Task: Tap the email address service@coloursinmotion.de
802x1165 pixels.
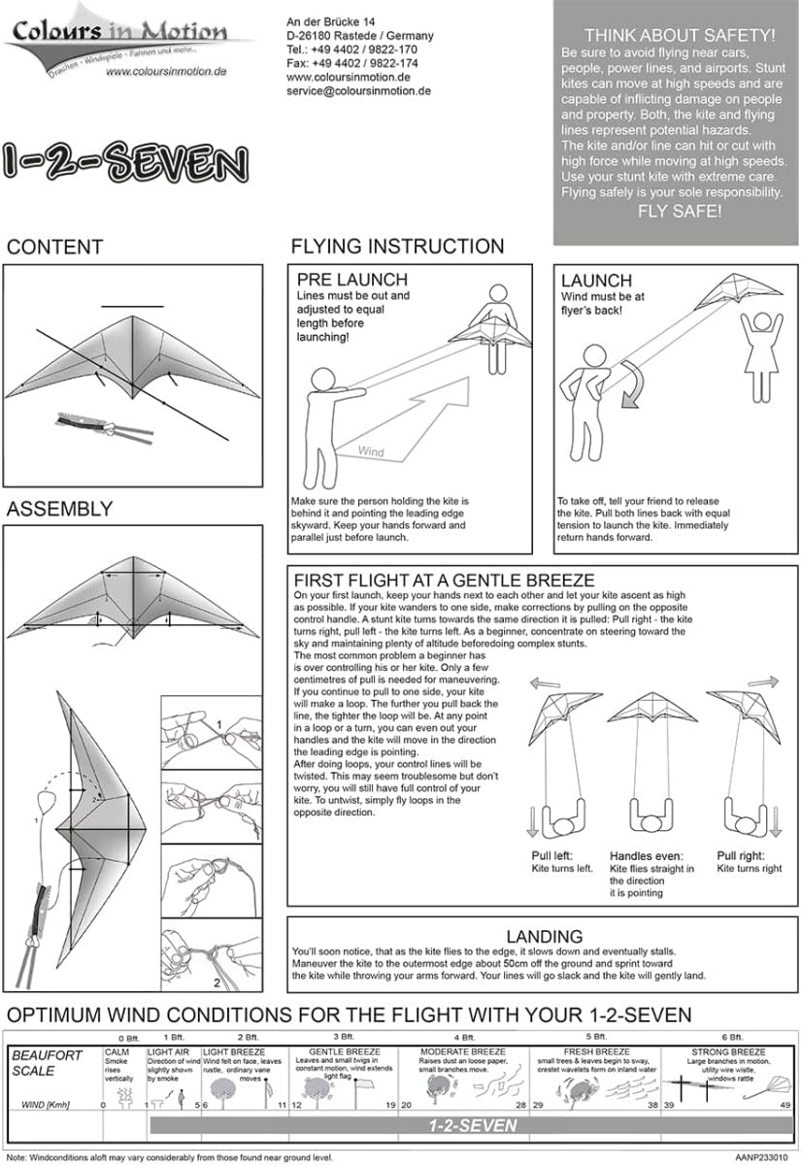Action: tap(358, 90)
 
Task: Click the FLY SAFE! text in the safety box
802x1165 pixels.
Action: tap(679, 211)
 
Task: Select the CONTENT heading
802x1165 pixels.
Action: tap(54, 247)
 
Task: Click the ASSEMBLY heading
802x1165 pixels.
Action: tap(59, 509)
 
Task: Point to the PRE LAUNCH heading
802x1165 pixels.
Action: tap(352, 281)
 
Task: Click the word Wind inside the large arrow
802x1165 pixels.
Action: tap(371, 451)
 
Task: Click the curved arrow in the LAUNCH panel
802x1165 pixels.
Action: tap(633, 385)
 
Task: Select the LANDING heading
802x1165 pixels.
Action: tap(544, 936)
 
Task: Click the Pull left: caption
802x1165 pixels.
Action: tap(551, 856)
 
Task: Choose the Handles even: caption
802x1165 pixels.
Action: tap(649, 856)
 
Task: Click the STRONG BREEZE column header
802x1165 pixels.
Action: tap(728, 1052)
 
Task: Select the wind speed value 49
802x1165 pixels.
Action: tap(785, 1105)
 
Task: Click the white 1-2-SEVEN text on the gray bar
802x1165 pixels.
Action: tap(473, 1126)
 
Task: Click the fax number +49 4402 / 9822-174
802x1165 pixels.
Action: tap(352, 63)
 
